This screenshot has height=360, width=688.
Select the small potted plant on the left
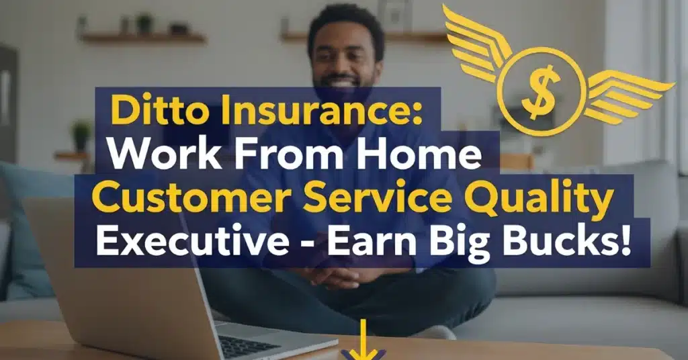[x=81, y=134]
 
